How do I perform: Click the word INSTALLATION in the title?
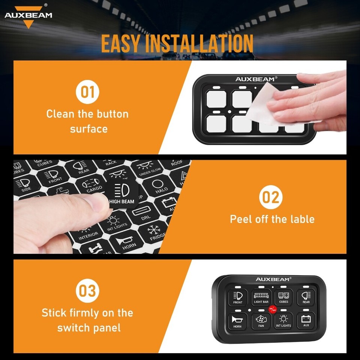click(199, 44)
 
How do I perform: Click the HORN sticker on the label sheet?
click(127, 241)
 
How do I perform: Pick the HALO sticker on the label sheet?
click(159, 186)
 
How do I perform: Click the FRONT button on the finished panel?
click(238, 297)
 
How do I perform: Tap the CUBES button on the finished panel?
click(283, 297)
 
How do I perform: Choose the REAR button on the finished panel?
click(306, 297)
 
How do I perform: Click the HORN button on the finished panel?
click(238, 321)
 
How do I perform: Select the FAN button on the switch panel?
click(261, 321)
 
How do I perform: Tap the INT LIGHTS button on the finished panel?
click(283, 321)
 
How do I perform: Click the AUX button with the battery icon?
click(306, 321)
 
